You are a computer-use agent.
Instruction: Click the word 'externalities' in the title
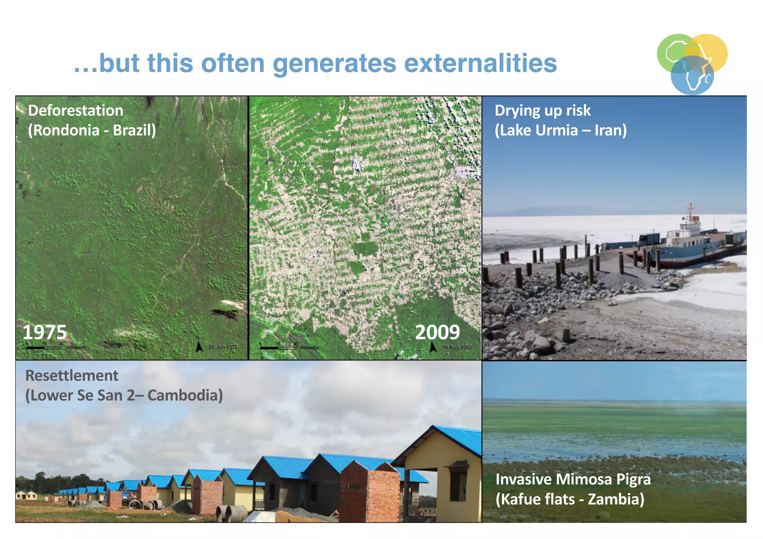tap(480, 63)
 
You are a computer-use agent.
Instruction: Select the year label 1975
tap(45, 332)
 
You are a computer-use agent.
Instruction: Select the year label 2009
tap(437, 332)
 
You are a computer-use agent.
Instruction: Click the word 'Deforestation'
tap(76, 111)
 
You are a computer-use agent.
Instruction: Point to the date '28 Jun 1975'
tap(223, 347)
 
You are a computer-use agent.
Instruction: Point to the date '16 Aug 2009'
tap(457, 347)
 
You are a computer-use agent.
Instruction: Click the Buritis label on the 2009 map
tap(323, 253)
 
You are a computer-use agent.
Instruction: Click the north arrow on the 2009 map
tap(433, 347)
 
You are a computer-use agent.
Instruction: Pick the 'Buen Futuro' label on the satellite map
tap(298, 164)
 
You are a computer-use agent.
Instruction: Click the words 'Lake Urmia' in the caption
tap(536, 130)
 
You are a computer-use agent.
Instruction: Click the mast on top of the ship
tap(690, 211)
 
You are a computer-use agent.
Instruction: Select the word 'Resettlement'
tap(72, 375)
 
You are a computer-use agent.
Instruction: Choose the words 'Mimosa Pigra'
tap(604, 479)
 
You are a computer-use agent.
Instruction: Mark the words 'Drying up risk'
tap(542, 111)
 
